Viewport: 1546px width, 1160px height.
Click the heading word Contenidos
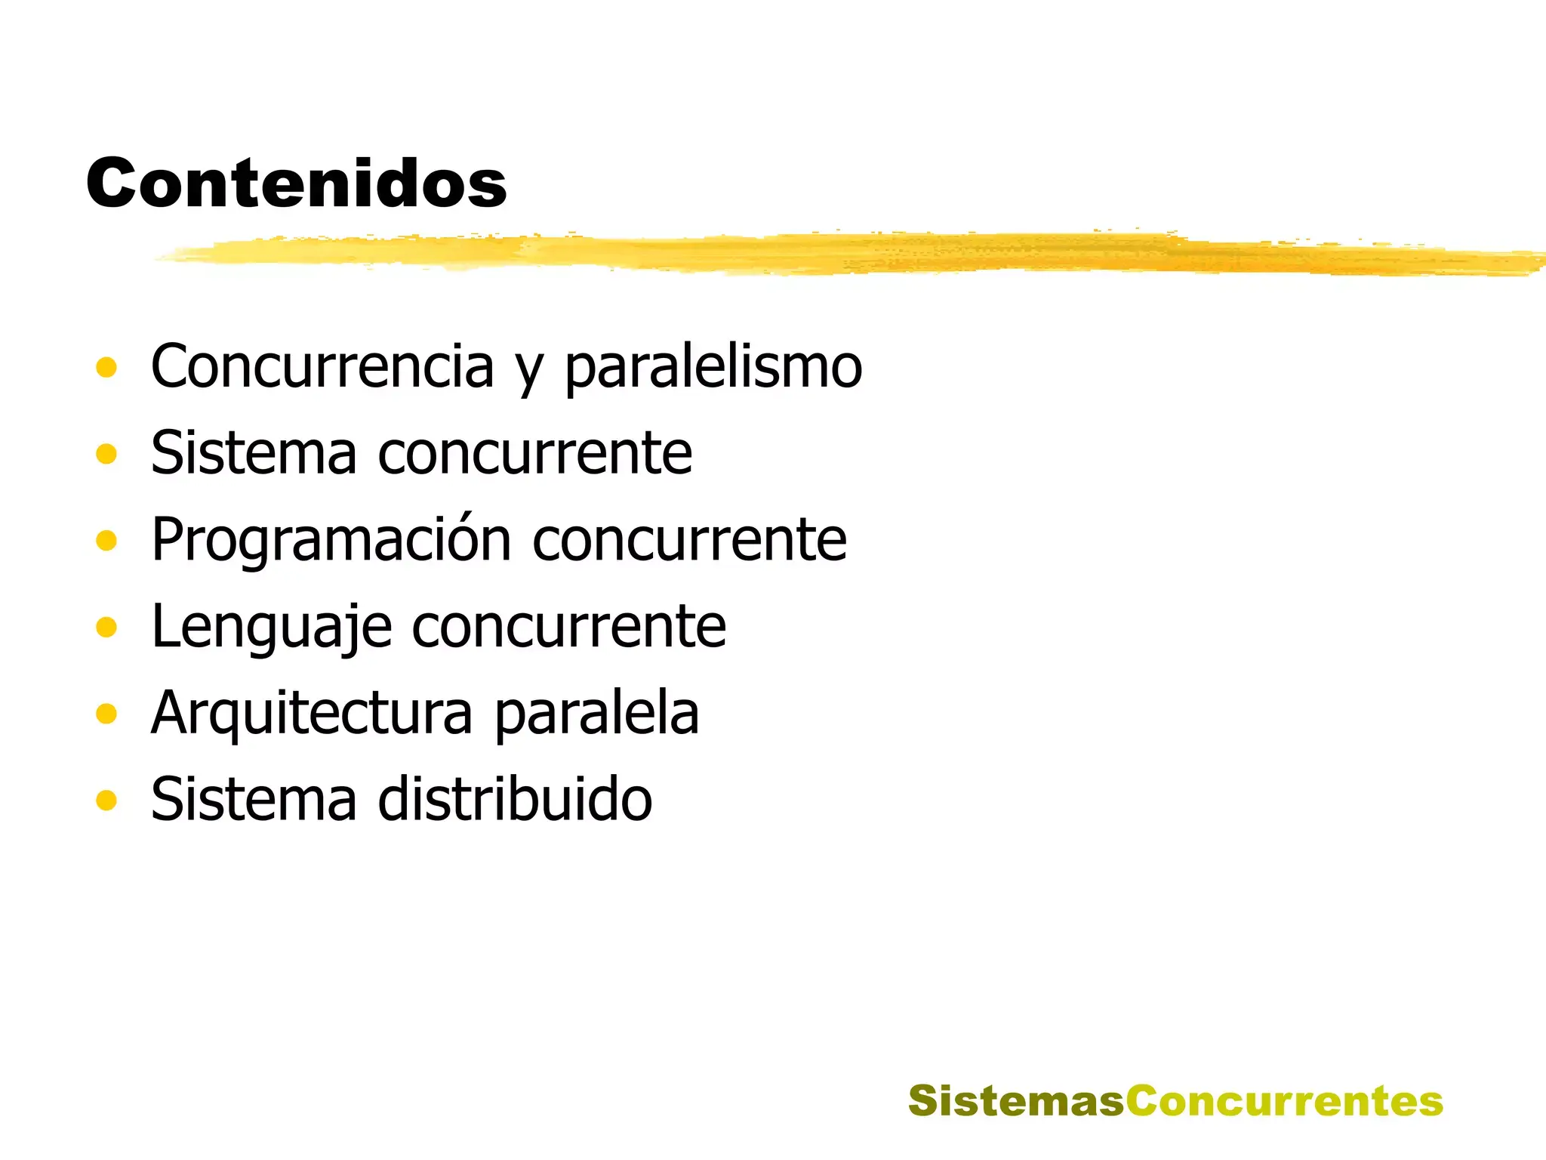[296, 184]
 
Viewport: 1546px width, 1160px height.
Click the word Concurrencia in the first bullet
[322, 366]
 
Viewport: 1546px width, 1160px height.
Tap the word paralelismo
[713, 368]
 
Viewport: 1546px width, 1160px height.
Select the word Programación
[331, 541]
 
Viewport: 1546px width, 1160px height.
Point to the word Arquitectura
[312, 714]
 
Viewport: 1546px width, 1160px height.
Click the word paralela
[597, 714]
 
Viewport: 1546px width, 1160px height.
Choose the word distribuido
[515, 799]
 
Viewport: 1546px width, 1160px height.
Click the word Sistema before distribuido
[254, 799]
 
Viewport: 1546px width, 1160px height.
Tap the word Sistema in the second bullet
[254, 453]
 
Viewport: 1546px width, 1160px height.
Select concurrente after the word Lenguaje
[569, 627]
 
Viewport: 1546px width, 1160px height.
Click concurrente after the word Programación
[690, 541]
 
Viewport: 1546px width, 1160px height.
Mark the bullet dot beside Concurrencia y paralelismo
[106, 368]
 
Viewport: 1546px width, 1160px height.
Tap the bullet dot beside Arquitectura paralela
[106, 714]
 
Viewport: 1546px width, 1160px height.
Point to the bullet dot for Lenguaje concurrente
[106, 627]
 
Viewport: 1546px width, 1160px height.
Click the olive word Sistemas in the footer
[1016, 1100]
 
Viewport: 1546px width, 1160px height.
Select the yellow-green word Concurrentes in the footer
[1284, 1100]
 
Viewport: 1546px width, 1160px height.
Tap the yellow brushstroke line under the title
[830, 253]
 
